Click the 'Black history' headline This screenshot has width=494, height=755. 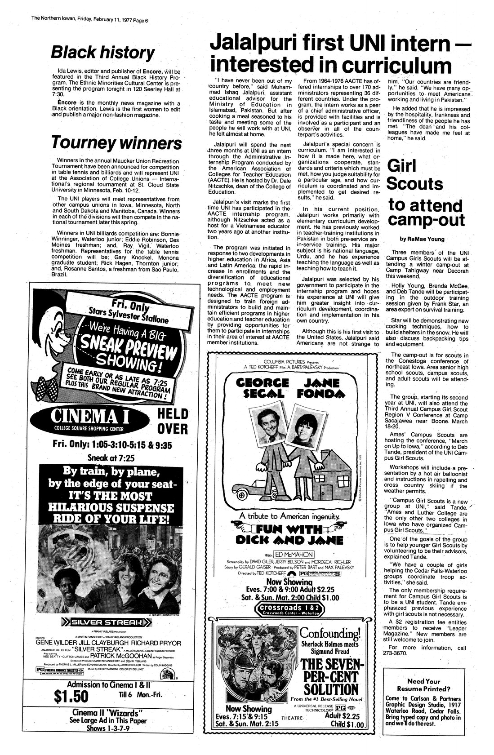pos(102,53)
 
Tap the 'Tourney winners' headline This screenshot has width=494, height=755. pos(116,143)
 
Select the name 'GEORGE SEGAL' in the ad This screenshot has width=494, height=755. pos(262,387)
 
